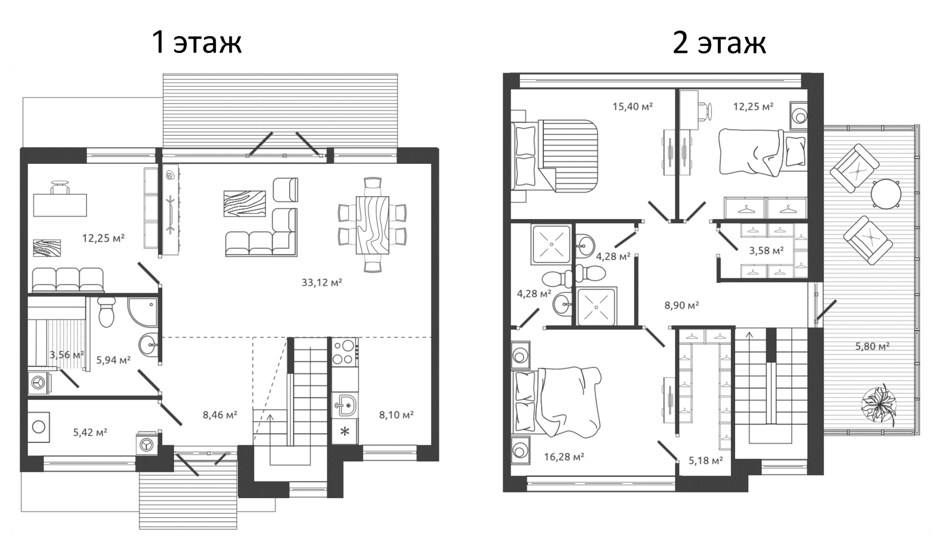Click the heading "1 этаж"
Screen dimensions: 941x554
197,42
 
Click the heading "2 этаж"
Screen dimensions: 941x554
719,42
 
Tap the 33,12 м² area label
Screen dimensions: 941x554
322,282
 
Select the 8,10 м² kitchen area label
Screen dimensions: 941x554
396,415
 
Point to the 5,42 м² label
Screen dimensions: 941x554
90,432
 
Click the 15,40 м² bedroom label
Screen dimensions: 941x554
633,106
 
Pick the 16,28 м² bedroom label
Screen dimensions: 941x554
564,457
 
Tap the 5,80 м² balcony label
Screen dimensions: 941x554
872,346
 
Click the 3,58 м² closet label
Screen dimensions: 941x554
766,251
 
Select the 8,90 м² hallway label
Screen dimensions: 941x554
681,305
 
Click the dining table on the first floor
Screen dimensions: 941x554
373,225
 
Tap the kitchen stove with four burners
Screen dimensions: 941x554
344,352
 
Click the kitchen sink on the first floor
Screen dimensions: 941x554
345,405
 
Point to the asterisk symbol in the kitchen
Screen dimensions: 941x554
345,432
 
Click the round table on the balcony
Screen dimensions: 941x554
886,194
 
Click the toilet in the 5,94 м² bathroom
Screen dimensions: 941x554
106,311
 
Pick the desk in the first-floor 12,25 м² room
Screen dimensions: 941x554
60,205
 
